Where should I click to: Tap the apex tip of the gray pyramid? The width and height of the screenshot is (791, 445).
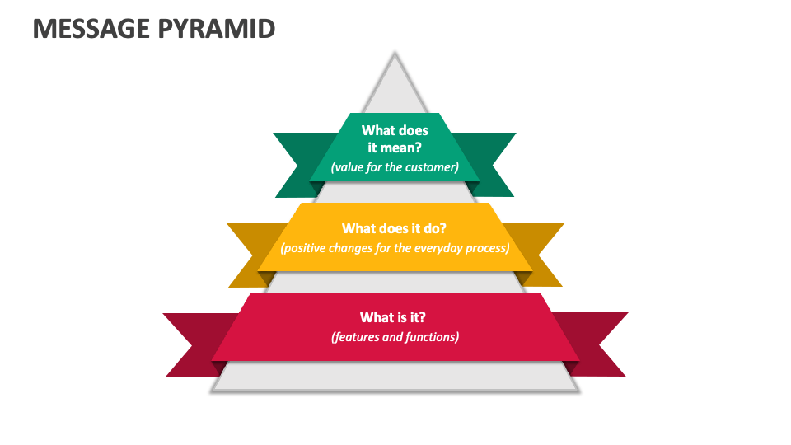click(x=395, y=55)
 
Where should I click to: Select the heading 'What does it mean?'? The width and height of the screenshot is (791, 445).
click(x=395, y=138)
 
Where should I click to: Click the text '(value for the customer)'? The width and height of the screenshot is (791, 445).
click(x=395, y=167)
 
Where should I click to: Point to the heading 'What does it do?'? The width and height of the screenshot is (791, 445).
click(x=395, y=228)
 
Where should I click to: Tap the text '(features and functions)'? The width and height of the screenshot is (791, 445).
click(x=395, y=336)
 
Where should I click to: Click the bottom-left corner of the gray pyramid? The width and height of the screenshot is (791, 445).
click(x=213, y=389)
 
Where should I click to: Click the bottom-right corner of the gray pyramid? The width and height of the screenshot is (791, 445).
click(x=576, y=389)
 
